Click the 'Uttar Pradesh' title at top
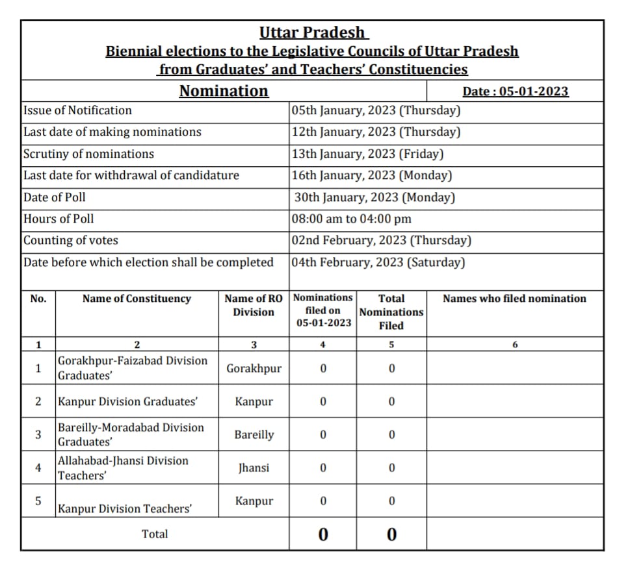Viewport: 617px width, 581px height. [x=312, y=32]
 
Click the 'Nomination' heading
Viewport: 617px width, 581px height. [x=224, y=91]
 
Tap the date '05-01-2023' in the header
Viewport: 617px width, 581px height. [x=533, y=92]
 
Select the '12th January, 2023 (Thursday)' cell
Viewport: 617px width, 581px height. [x=376, y=132]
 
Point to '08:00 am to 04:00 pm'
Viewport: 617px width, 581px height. [x=352, y=219]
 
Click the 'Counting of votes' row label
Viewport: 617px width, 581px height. [x=71, y=240]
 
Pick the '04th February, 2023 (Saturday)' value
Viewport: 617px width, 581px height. [x=378, y=262]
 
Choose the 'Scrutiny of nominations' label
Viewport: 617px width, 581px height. [x=88, y=154]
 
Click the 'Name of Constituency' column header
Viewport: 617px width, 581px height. [x=137, y=299]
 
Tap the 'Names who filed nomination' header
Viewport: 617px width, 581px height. [x=514, y=299]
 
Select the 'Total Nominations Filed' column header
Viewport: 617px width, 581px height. [x=391, y=312]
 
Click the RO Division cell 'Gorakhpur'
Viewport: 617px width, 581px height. [x=254, y=369]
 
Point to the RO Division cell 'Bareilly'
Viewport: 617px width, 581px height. [x=254, y=435]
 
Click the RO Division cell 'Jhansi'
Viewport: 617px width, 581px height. [x=254, y=468]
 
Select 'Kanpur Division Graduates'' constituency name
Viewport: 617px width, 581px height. [x=127, y=402]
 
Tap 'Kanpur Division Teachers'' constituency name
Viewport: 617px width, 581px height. [x=125, y=509]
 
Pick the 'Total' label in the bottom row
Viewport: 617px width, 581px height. [x=155, y=534]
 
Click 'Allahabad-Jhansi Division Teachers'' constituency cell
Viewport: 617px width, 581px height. [x=123, y=468]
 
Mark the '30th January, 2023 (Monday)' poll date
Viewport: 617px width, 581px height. [x=374, y=197]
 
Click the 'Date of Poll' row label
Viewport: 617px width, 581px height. [x=55, y=197]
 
